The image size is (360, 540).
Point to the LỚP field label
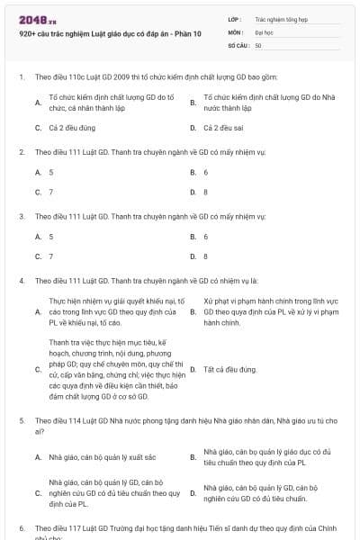tap(235, 18)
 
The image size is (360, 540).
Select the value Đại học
tap(264, 31)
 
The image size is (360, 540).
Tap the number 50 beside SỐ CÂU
tap(258, 44)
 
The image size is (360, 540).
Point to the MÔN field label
tap(236, 31)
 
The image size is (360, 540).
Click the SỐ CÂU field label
tap(238, 44)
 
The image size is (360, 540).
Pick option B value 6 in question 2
tap(206, 172)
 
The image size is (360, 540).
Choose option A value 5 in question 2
tap(51, 172)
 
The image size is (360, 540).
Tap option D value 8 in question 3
tap(206, 256)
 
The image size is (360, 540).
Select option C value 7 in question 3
tap(51, 256)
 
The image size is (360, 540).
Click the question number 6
tap(22, 528)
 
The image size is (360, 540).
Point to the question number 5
tap(22, 420)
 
